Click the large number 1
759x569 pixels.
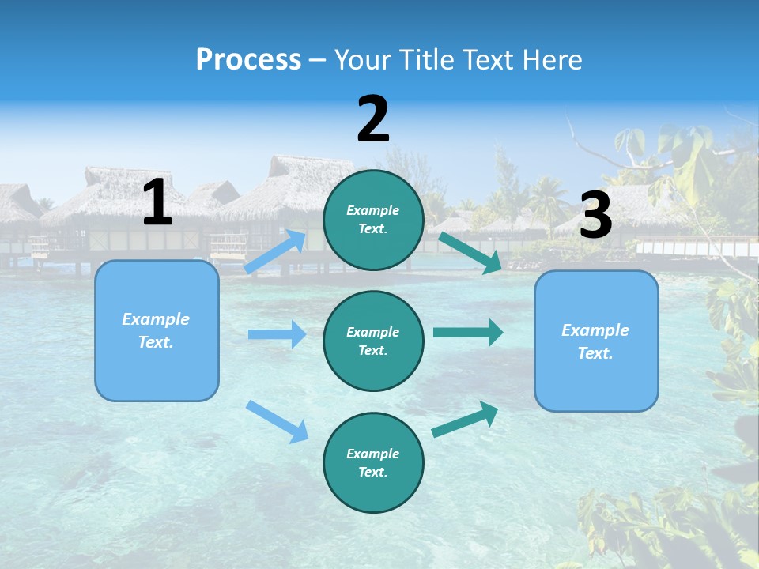click(157, 202)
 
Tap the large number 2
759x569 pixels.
click(373, 119)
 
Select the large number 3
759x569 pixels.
click(595, 216)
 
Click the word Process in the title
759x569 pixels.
click(248, 59)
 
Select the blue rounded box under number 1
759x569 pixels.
click(157, 330)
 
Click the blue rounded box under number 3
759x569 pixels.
click(596, 341)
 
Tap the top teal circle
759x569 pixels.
click(373, 219)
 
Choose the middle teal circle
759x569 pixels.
click(373, 341)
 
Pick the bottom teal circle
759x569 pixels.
click(373, 462)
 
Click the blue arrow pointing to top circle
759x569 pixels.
click(275, 251)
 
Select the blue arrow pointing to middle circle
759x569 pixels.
click(277, 334)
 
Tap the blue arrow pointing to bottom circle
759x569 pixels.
click(277, 421)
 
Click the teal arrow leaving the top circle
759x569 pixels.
click(470, 252)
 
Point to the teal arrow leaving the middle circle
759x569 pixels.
click(468, 332)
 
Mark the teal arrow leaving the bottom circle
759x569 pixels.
click(466, 419)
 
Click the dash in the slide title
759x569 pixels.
click(318, 60)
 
